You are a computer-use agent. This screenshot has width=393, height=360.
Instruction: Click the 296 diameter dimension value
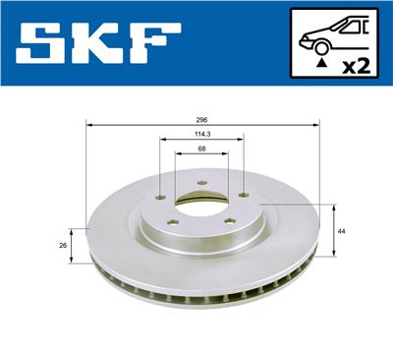(202, 118)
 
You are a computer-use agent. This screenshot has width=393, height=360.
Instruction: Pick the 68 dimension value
(202, 149)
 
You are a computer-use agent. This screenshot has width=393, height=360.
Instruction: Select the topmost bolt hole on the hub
(201, 183)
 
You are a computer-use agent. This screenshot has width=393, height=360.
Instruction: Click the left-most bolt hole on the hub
(160, 195)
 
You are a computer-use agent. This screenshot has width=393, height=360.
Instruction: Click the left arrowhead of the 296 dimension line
(89, 124)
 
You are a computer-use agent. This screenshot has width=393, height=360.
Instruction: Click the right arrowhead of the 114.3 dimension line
(242, 142)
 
